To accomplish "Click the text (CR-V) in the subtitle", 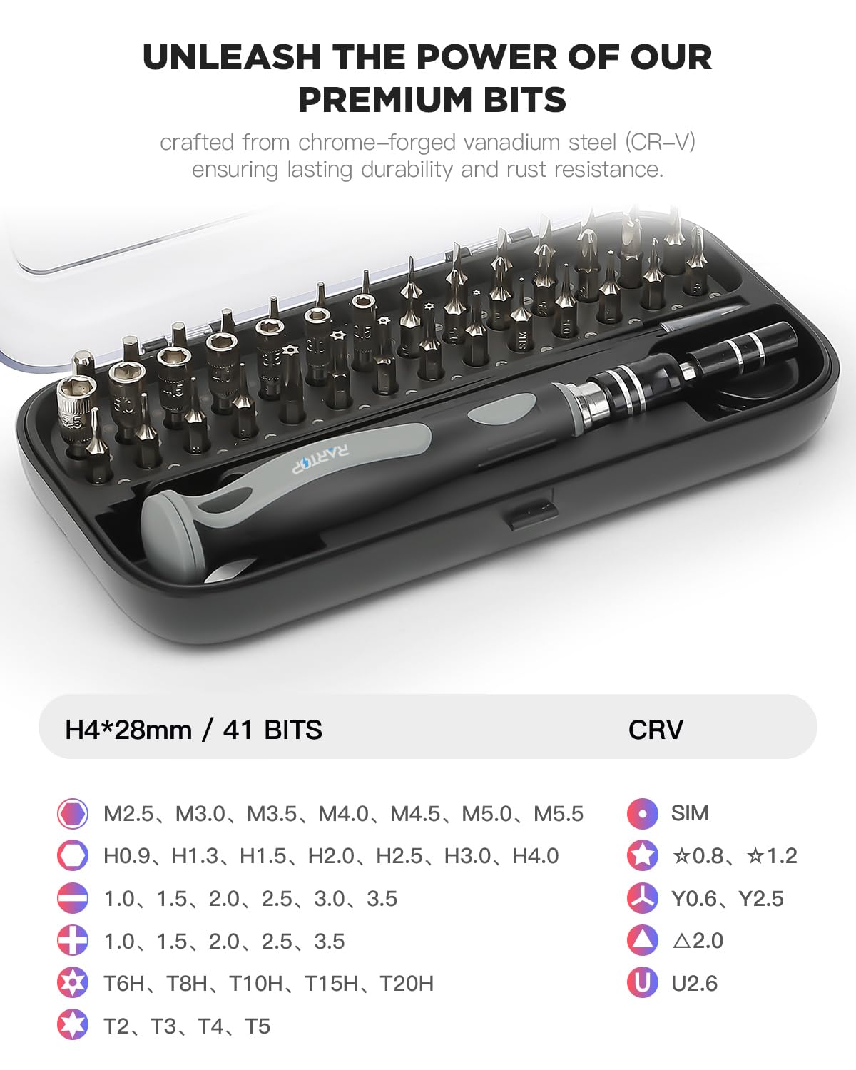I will (660, 142).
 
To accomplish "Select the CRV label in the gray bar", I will (656, 729).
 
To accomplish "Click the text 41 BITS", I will (272, 729).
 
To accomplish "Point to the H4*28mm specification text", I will (128, 729).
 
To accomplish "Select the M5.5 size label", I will (559, 813).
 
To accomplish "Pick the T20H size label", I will (407, 984).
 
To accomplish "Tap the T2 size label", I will (116, 1026).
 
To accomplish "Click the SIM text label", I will (690, 813).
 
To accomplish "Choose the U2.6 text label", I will (694, 984).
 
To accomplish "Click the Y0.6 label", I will (694, 898).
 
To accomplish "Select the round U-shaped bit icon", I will (642, 983).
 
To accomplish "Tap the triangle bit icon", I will (642, 940).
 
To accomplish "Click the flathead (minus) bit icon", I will (72, 898).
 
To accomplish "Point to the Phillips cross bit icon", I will (72, 941).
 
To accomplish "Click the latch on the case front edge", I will (531, 514).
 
